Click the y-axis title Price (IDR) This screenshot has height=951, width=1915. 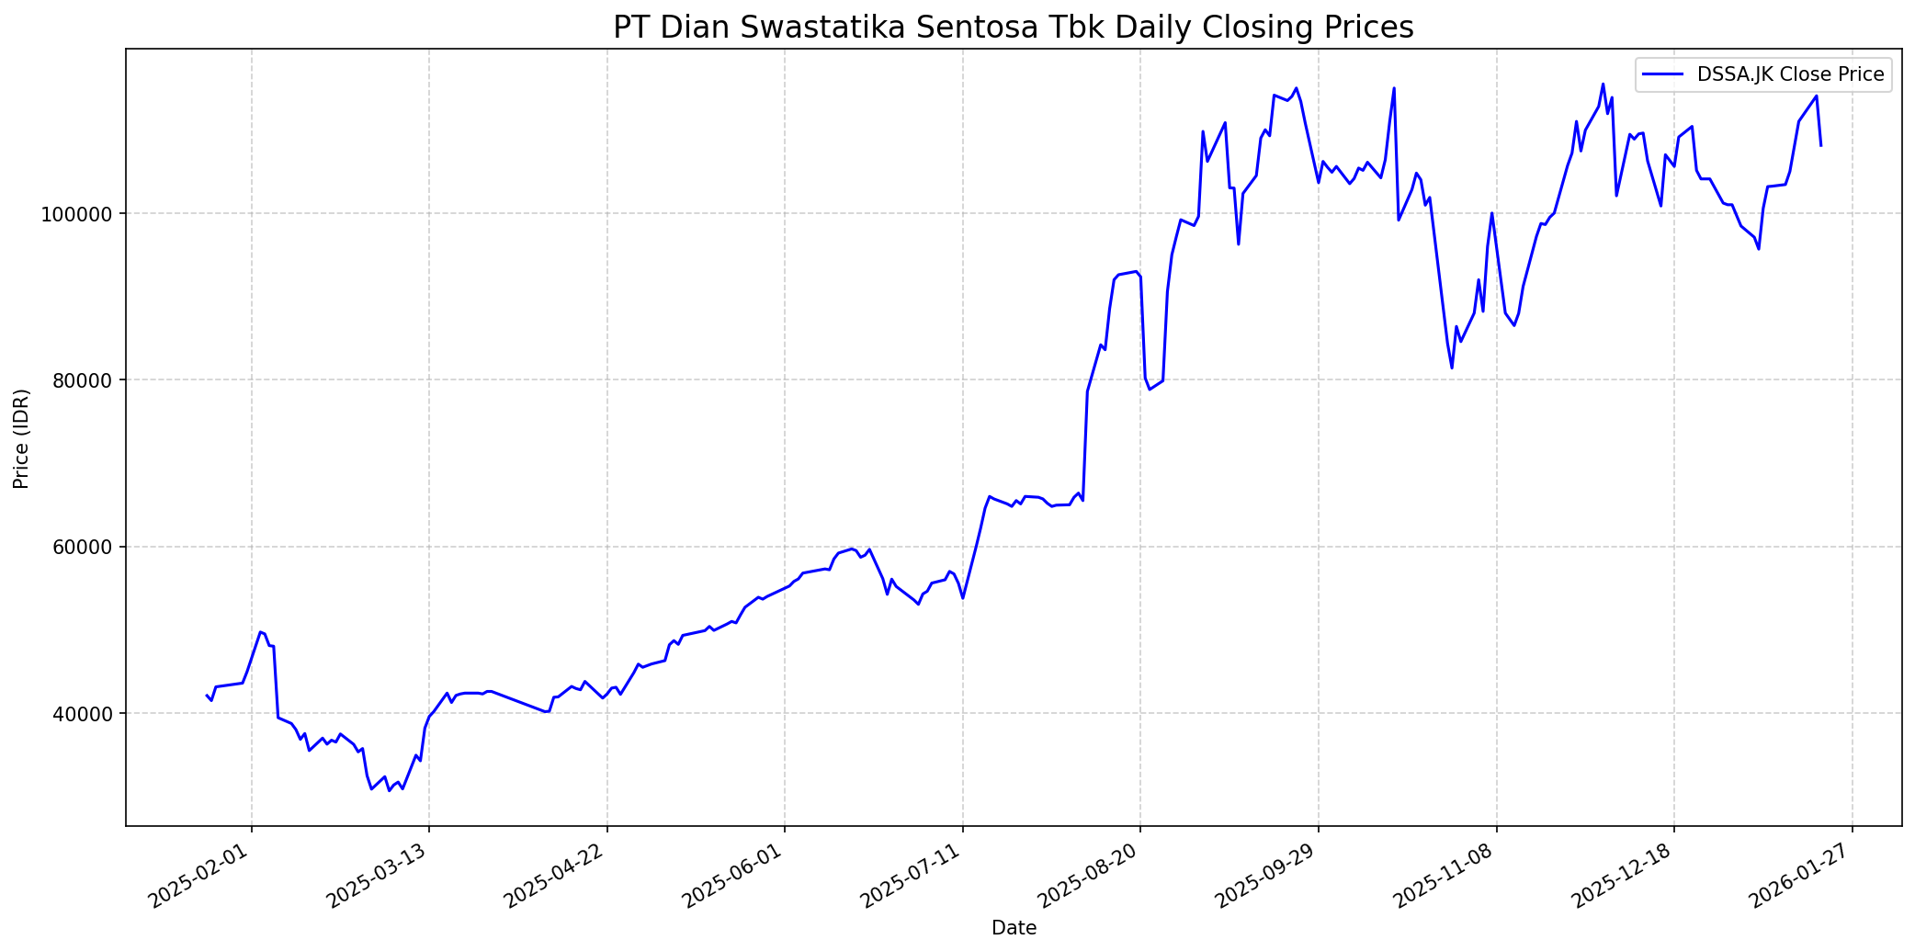[x=22, y=438]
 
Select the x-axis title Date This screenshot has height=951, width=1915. [x=1014, y=929]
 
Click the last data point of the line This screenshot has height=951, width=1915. [x=1820, y=145]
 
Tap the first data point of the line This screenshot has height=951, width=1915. [x=206, y=696]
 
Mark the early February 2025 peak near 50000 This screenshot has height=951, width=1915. [x=260, y=631]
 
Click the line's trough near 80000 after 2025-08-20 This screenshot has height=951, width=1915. [x=1150, y=389]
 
